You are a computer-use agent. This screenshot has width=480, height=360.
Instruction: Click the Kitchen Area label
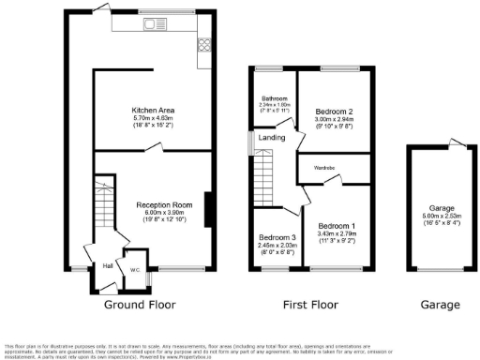(x=153, y=110)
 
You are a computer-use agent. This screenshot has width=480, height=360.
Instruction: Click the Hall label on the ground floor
(x=107, y=265)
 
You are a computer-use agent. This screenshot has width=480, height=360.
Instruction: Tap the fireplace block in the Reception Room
(x=206, y=208)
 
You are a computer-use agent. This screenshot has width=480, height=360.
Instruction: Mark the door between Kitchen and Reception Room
(x=165, y=147)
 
